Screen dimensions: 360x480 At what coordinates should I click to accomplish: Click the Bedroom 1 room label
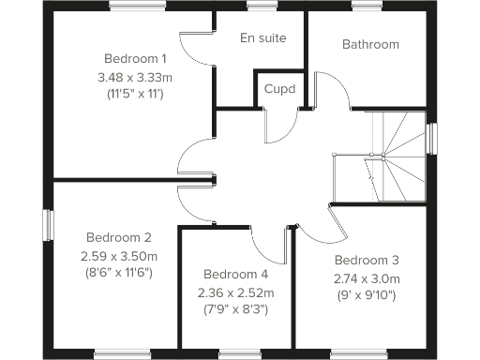[136, 58]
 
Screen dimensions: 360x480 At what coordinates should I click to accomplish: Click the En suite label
[262, 38]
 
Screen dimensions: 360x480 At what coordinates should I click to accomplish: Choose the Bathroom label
[370, 44]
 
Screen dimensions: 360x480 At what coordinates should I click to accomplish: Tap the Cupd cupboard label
[279, 90]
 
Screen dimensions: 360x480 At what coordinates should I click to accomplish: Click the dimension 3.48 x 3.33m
[136, 76]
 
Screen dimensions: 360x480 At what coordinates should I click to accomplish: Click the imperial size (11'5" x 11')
[136, 94]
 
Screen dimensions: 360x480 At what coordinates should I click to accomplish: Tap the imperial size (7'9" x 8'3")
[234, 308]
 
